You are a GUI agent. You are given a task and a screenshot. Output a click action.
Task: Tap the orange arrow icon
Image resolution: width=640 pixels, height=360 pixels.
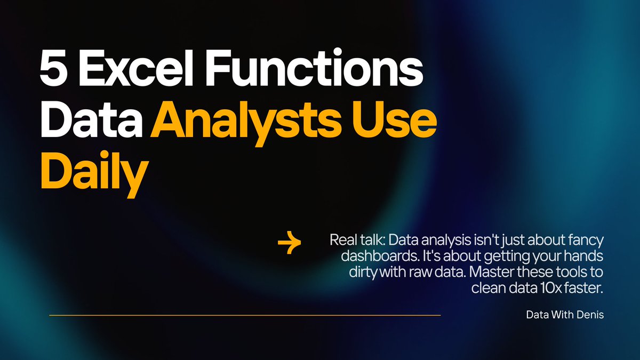click(x=290, y=244)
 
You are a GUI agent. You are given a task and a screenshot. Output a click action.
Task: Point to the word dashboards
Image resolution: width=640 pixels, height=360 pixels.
click(x=373, y=255)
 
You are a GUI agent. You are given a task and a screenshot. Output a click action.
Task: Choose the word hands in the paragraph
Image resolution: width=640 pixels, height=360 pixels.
click(x=586, y=255)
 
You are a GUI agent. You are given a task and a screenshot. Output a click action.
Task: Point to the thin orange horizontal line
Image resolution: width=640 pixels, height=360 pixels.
click(x=245, y=315)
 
